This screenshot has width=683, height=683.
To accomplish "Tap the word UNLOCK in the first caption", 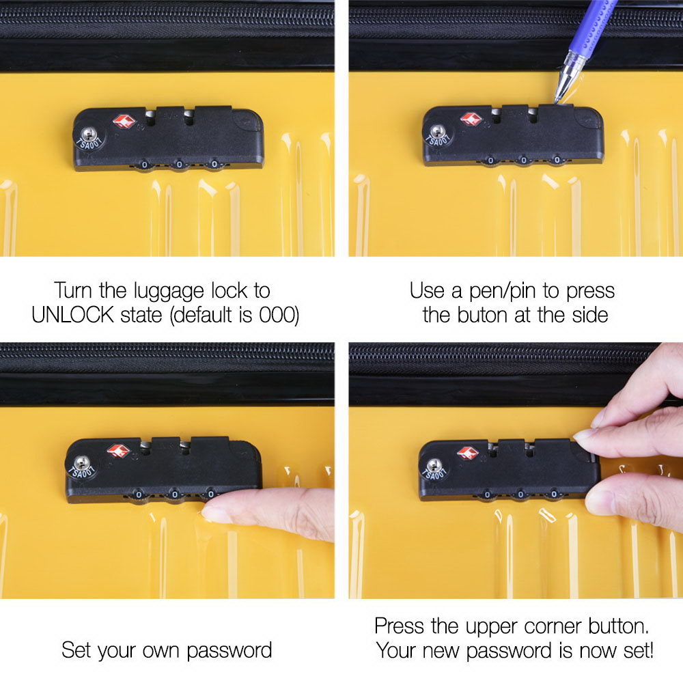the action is [x=73, y=315].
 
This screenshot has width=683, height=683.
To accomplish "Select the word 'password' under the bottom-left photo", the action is [x=229, y=651].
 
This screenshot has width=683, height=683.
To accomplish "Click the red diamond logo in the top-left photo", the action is [x=124, y=121].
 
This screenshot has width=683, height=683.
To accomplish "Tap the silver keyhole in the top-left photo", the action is [x=89, y=133].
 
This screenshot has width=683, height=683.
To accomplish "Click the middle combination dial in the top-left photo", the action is [x=179, y=165].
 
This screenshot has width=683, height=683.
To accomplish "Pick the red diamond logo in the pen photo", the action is [x=471, y=118].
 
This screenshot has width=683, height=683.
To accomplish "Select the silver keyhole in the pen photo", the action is [x=437, y=131].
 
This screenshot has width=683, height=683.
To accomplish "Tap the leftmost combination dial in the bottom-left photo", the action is [x=139, y=494].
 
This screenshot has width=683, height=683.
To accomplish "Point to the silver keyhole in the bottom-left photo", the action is [x=81, y=462].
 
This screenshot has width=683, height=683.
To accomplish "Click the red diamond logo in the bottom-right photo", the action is [x=468, y=453].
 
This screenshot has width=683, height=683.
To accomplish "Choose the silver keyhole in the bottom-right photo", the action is [x=434, y=466].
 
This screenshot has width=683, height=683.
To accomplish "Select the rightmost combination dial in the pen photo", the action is [x=557, y=161].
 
